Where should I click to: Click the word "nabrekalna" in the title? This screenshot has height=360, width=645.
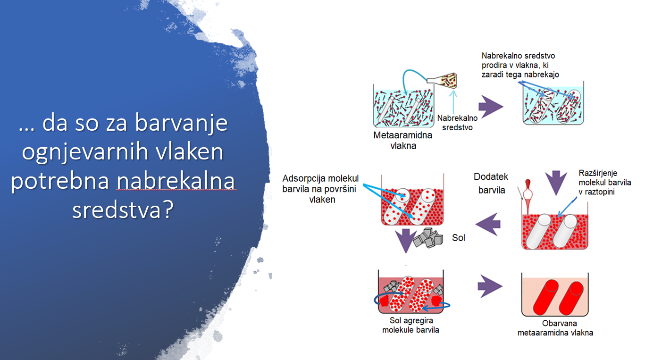point(176,181)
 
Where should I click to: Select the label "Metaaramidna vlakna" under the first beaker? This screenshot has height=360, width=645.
point(403,140)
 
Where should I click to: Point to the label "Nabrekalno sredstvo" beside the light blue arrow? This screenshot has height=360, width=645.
point(457,123)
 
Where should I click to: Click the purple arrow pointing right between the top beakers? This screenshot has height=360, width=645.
point(491,106)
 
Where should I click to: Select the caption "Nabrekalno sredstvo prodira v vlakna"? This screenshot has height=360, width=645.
point(520,65)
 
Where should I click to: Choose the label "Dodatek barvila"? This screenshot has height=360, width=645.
point(491,183)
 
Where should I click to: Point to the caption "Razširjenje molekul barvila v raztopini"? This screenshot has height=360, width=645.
point(605,182)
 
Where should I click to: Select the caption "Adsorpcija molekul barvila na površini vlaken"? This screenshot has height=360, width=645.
point(320,189)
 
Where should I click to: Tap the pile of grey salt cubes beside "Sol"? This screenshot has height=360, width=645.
point(428,238)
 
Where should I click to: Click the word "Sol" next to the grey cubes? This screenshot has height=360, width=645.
point(459,238)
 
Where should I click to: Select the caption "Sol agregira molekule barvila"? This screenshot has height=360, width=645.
point(410,325)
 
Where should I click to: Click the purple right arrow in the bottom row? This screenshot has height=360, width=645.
point(490,286)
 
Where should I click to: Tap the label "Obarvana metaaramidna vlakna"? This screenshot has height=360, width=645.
point(555,328)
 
